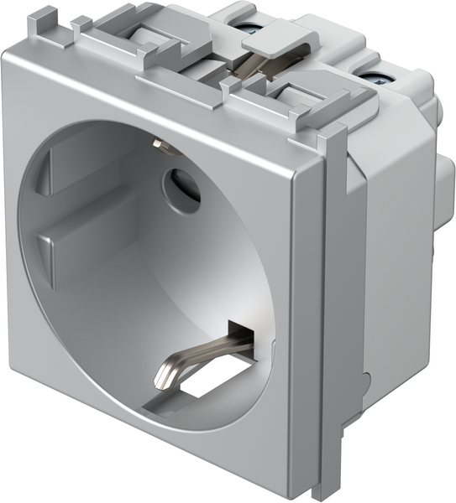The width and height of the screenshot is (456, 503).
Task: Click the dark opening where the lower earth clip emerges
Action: click(237, 330)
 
